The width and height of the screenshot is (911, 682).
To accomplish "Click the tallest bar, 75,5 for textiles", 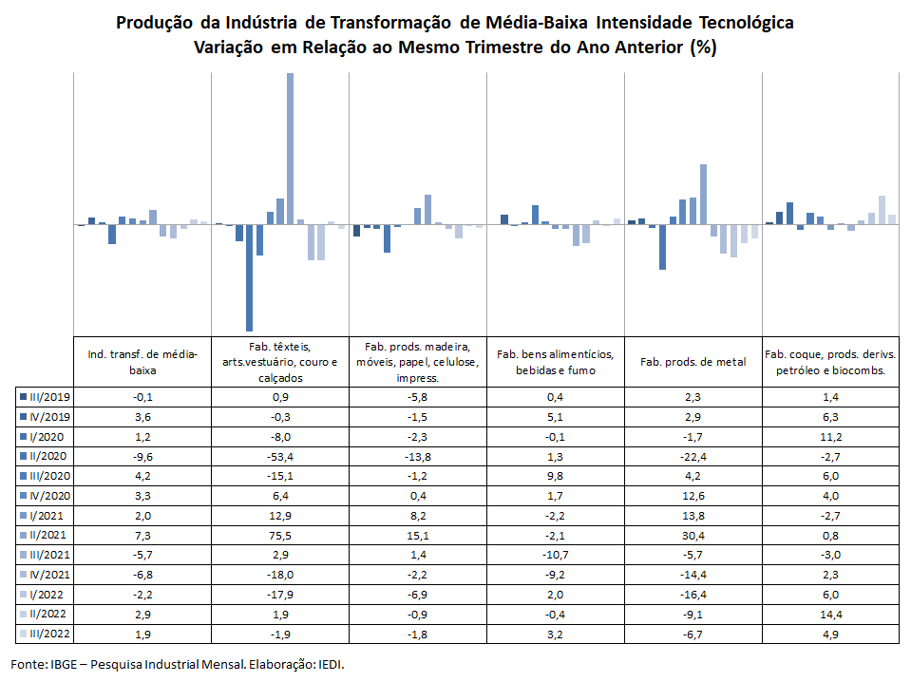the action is click(x=290, y=149).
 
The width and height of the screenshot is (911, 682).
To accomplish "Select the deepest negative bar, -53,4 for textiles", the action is click(x=249, y=277).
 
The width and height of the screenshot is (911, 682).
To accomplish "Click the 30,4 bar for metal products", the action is click(x=704, y=195).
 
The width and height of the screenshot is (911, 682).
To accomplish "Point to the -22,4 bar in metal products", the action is click(x=662, y=247).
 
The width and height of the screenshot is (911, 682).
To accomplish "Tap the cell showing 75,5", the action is click(x=280, y=536).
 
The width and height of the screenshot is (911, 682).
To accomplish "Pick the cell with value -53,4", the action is click(x=280, y=457).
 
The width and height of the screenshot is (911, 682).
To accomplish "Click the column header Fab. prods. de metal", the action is click(x=693, y=362).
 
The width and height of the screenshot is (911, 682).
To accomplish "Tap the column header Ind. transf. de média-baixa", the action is click(x=142, y=362).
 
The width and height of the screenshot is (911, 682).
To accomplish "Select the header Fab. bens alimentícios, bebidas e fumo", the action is click(x=556, y=362).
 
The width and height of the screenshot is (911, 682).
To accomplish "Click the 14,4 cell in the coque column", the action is click(x=831, y=614).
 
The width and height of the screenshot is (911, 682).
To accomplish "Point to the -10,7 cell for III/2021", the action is click(x=556, y=555).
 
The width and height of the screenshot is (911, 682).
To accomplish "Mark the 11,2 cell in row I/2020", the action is click(x=831, y=437).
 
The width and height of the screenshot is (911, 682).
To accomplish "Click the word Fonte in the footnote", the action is click(x=28, y=664).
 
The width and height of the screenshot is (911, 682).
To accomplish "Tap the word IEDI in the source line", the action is click(x=331, y=664).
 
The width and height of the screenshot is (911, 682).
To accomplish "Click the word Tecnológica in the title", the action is click(x=747, y=23).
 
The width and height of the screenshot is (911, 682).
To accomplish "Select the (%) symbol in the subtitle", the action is click(x=703, y=47).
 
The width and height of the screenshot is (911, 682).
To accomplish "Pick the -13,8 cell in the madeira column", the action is click(x=418, y=457).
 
